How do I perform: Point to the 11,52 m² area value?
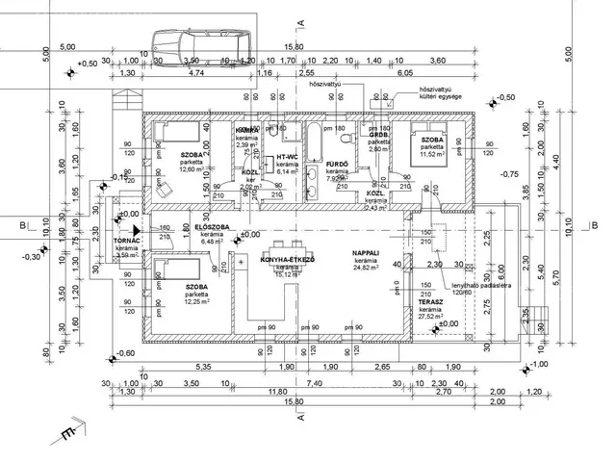(430, 153)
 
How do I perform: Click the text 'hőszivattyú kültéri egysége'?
(437, 96)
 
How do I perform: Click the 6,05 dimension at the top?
(404, 72)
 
